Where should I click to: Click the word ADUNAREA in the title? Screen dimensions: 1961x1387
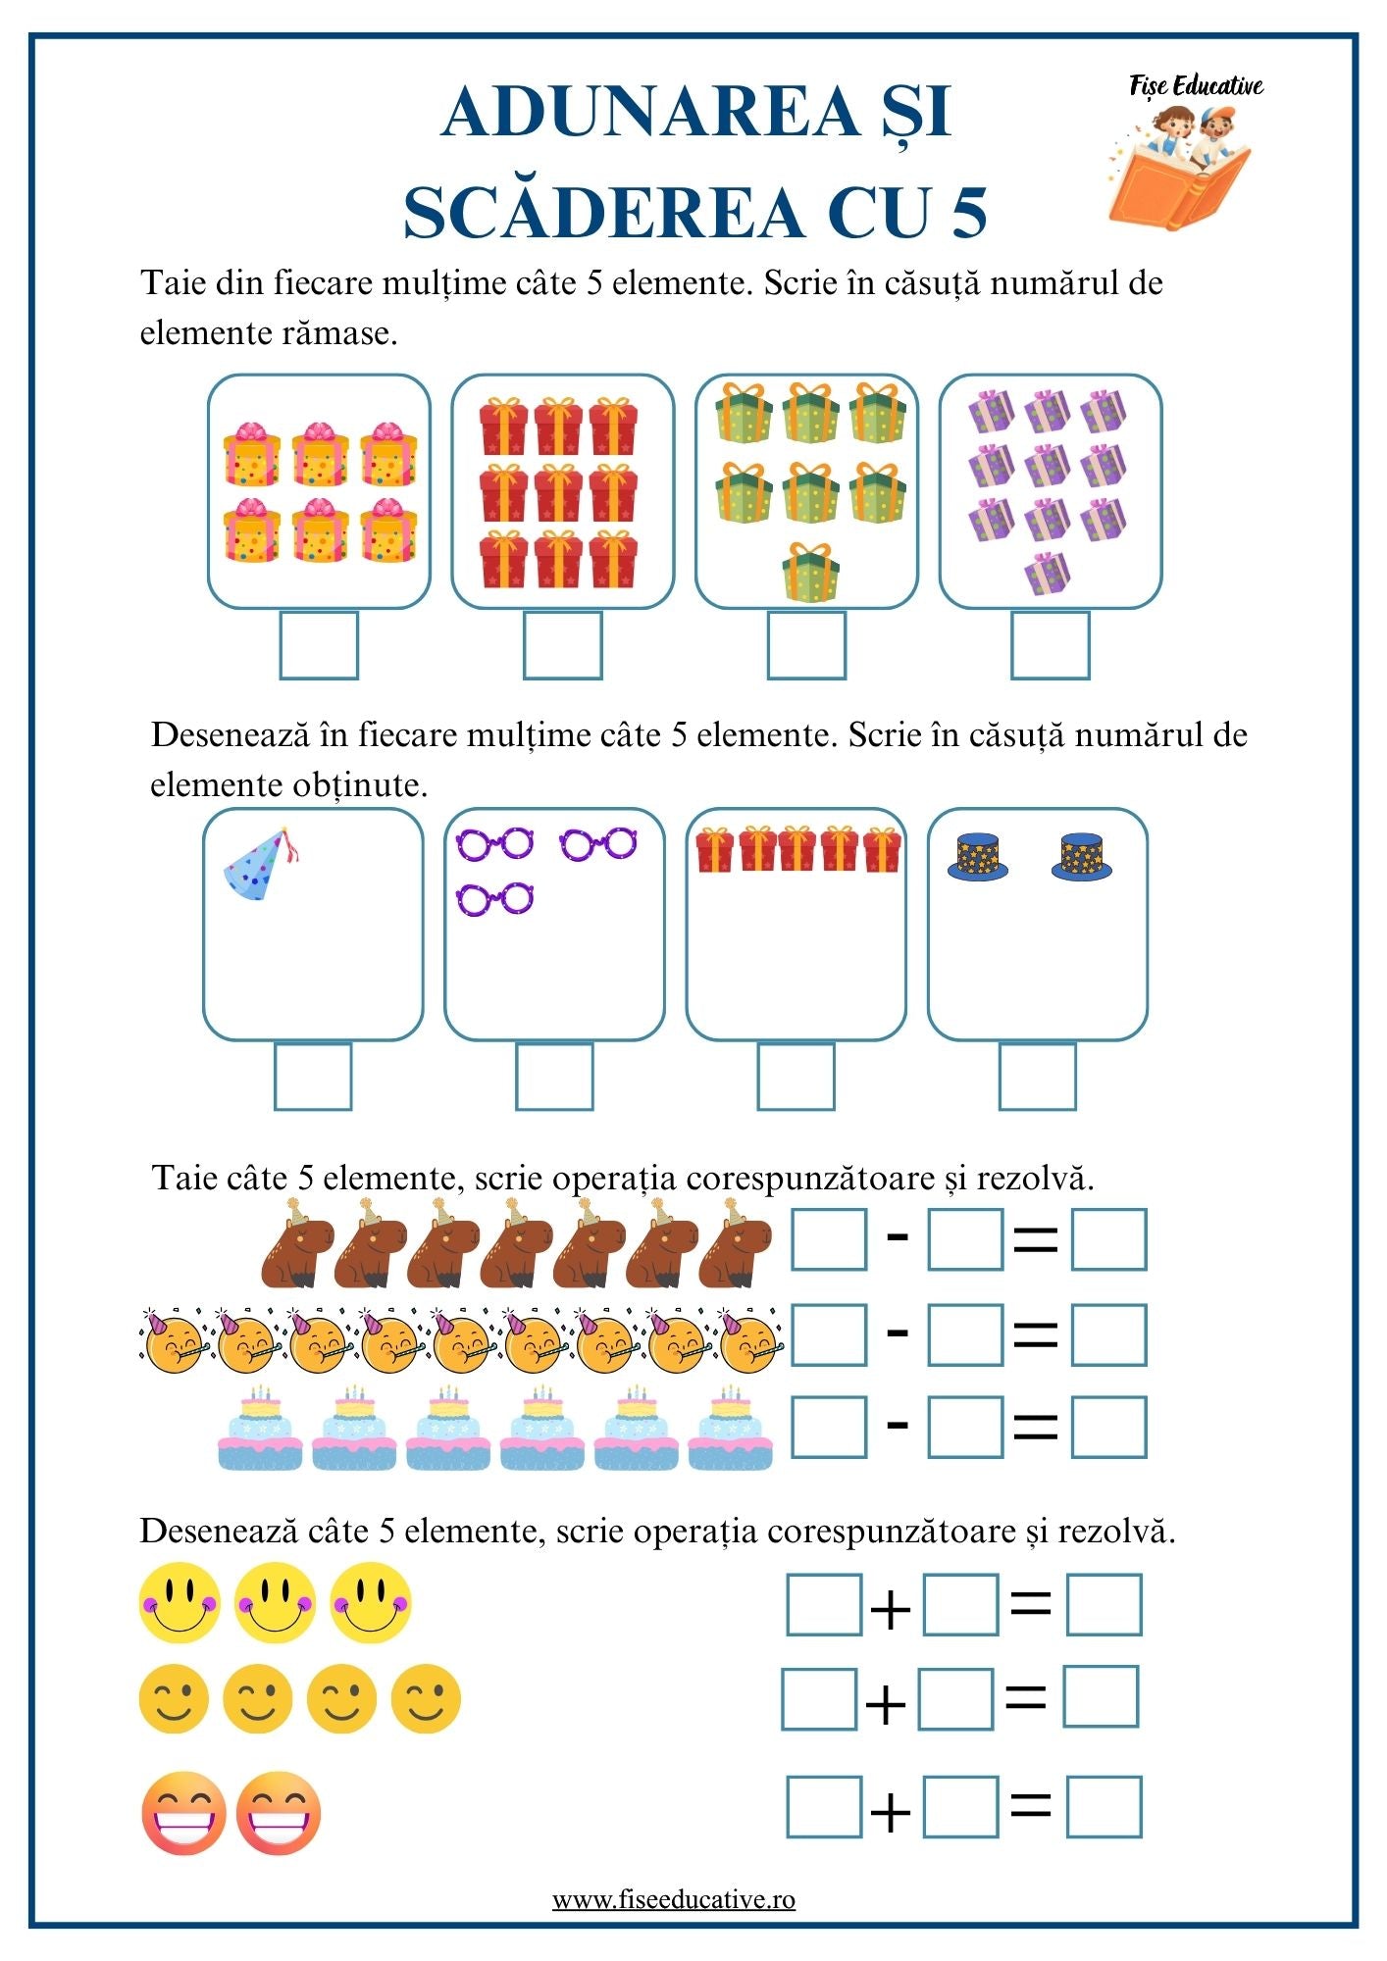coord(650,112)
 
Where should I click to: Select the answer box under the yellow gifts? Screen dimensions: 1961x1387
coord(319,645)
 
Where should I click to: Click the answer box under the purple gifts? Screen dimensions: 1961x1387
coord(1050,645)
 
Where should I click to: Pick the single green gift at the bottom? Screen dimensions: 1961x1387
coord(810,574)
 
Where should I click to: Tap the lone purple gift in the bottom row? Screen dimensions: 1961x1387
coord(1047,574)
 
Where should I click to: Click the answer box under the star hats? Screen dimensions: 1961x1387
coord(1037,1077)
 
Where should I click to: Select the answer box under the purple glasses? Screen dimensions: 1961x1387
coord(554,1077)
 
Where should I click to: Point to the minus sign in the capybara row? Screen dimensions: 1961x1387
coord(897,1238)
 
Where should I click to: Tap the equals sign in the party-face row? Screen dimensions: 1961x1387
coord(1035,1334)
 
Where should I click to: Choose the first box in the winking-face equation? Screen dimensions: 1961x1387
coord(819,1699)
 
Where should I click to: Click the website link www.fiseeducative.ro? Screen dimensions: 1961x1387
coord(674,1900)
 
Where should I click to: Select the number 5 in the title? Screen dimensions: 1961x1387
coord(967,213)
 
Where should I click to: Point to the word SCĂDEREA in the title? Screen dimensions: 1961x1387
coord(603,213)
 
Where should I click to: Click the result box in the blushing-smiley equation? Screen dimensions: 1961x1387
coord(1104,1605)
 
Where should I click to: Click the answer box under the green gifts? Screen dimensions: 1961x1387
coord(806,645)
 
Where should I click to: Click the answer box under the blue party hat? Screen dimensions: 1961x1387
coord(313,1077)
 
